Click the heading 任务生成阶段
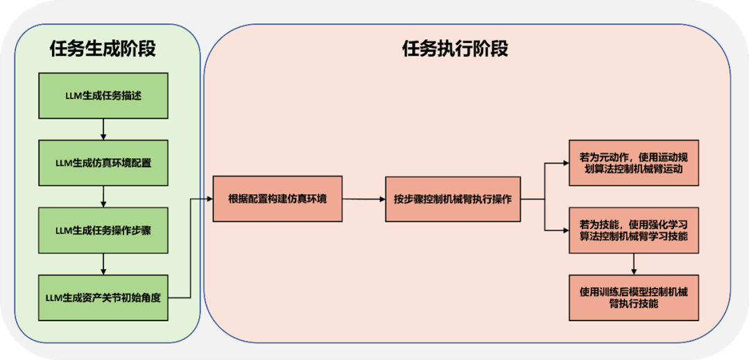click(103, 49)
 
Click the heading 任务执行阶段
click(455, 49)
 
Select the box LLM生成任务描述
click(103, 96)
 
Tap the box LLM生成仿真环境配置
click(103, 163)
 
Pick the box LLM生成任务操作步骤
click(103, 230)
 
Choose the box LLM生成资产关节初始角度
click(103, 298)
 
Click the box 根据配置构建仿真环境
click(277, 199)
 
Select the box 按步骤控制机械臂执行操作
click(452, 199)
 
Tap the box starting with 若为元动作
click(634, 163)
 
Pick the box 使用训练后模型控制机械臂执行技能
click(634, 298)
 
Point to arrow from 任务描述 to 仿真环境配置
click(103, 130)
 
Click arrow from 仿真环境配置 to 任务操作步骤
click(103, 197)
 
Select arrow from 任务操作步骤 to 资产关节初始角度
click(103, 264)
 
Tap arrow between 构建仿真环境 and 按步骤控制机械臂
click(363, 199)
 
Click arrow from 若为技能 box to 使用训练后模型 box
click(634, 264)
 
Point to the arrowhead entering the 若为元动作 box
click(565, 164)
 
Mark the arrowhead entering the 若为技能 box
click(565, 230)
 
